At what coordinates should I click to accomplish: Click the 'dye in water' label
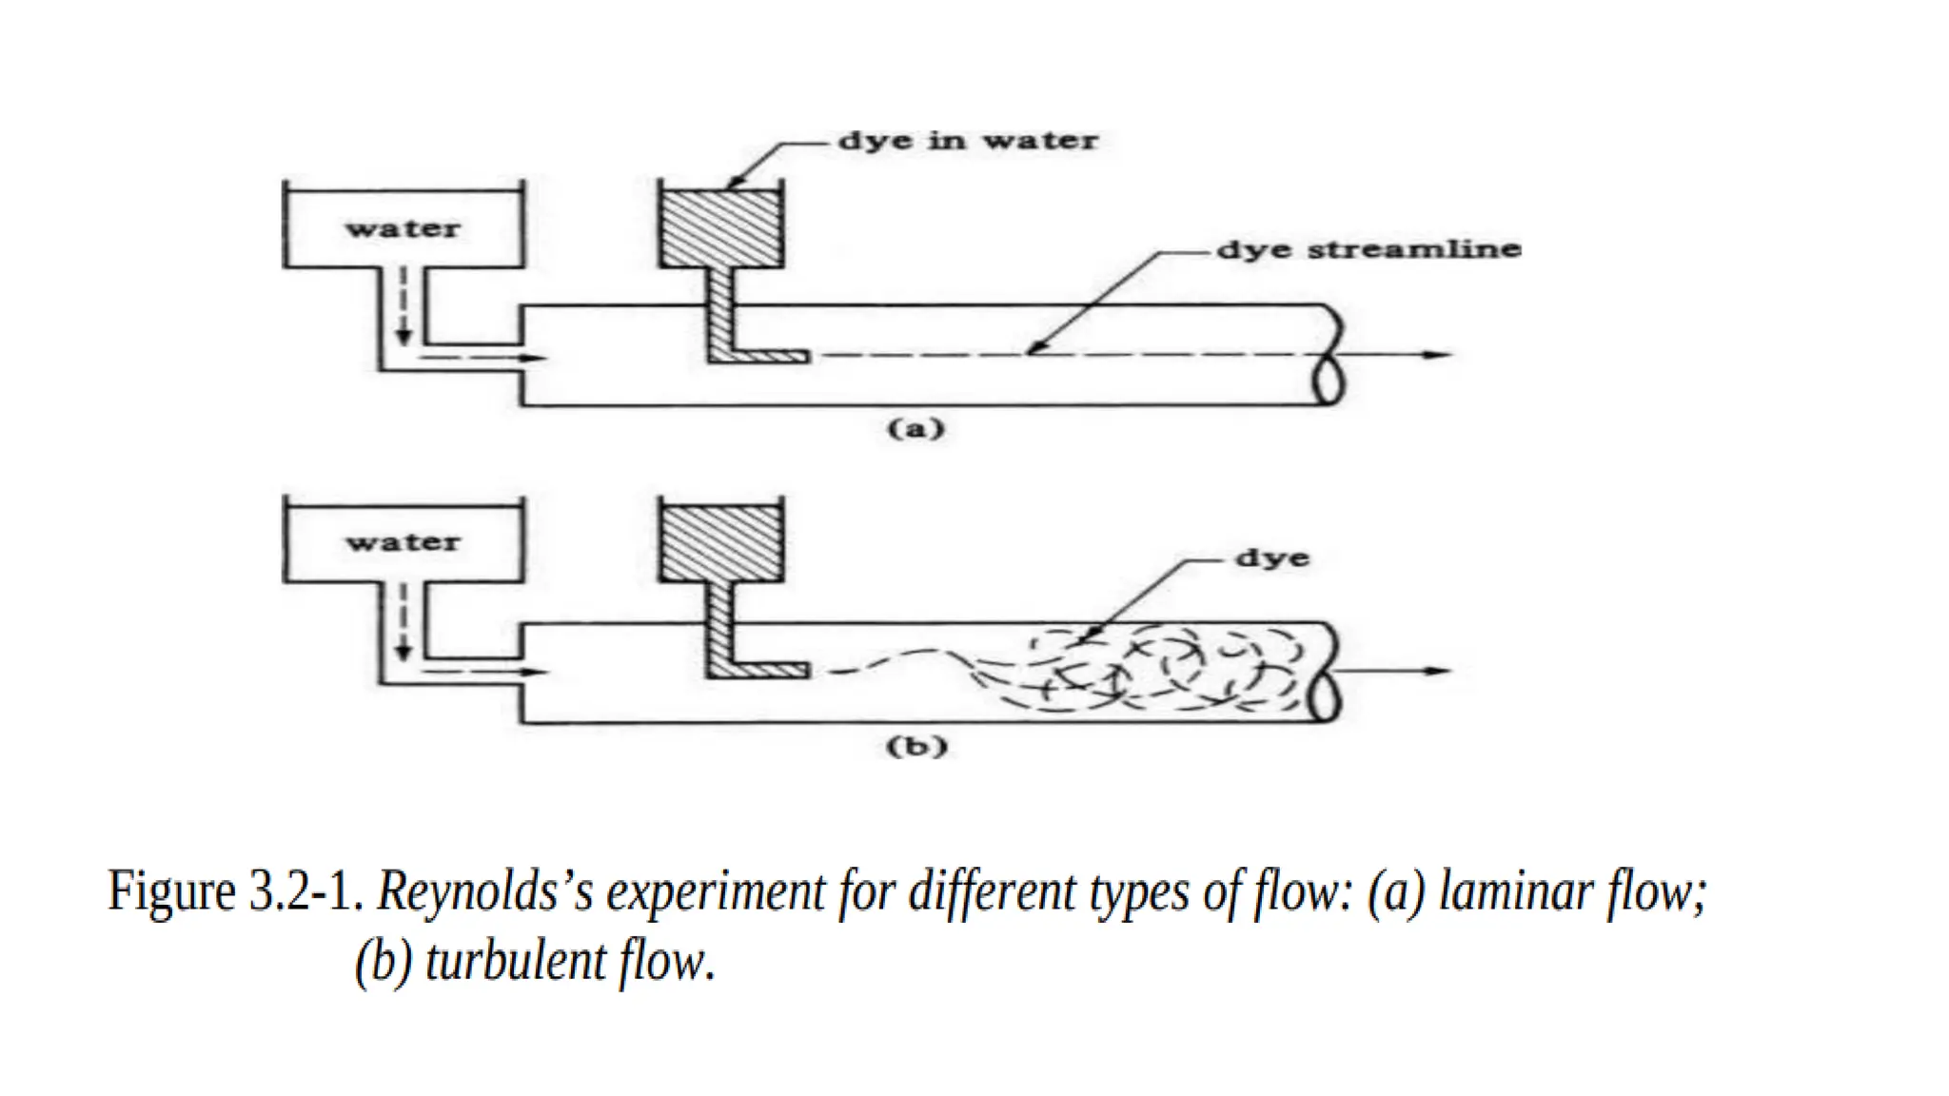click(x=967, y=142)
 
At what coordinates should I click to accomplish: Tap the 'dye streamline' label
click(x=1368, y=250)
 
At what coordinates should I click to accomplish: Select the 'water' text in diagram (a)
click(x=403, y=229)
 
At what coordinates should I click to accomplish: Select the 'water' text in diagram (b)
click(x=403, y=543)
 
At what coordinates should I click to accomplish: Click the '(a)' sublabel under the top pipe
click(x=915, y=429)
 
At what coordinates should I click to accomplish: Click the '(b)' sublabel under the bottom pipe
click(x=916, y=747)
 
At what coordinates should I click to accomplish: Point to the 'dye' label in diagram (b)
click(x=1271, y=558)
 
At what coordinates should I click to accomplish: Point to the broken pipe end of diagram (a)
click(x=1328, y=355)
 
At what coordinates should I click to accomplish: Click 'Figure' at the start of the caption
click(x=171, y=892)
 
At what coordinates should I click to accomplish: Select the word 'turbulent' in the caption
click(x=515, y=962)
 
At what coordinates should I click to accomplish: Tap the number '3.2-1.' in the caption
click(x=306, y=892)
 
